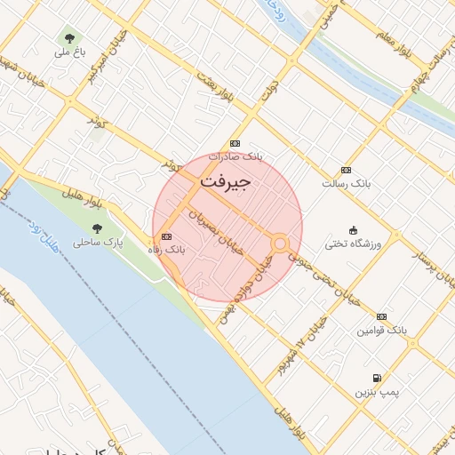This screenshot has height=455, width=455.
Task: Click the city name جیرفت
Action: tap(226, 180)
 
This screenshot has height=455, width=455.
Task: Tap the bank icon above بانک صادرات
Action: tap(235, 143)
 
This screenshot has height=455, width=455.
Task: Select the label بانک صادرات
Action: tap(235, 156)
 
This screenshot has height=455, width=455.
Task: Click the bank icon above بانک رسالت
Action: tap(346, 170)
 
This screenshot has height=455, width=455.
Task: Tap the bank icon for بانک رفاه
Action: tap(167, 236)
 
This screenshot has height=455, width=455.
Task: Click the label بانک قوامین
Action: tap(382, 330)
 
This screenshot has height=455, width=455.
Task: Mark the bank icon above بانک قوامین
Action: tap(381, 316)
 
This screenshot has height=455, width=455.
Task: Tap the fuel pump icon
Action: tap(378, 378)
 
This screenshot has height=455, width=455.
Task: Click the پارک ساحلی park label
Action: tap(98, 242)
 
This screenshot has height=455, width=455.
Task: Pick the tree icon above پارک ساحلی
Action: tap(97, 228)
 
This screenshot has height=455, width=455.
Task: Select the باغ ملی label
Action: tap(69, 52)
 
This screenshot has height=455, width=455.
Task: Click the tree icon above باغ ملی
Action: tap(69, 38)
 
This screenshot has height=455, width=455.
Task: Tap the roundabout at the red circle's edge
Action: tap(280, 243)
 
